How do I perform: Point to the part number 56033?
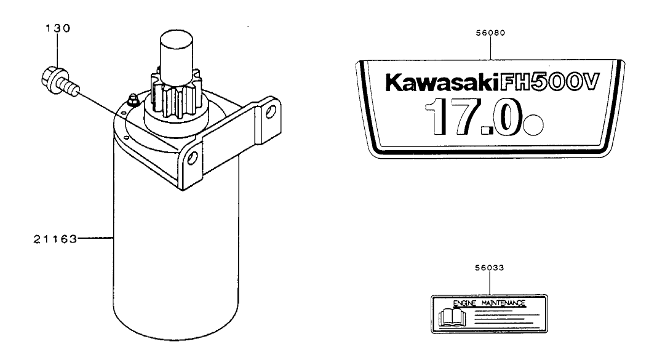point(489,268)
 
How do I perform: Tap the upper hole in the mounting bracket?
point(269,113)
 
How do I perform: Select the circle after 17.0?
point(535,126)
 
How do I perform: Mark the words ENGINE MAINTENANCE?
point(489,303)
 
